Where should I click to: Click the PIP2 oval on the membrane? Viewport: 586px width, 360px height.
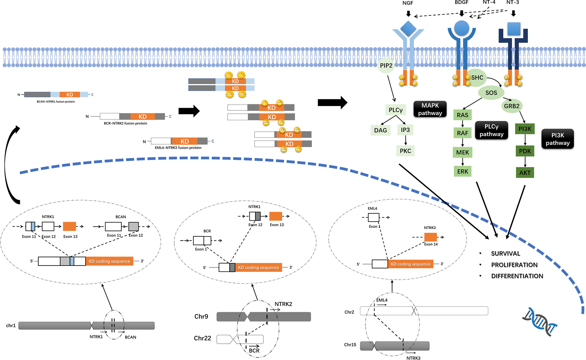pyautogui.click(x=386, y=66)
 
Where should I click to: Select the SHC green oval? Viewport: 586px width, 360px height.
pyautogui.click(x=477, y=78)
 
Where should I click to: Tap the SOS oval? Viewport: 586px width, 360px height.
pyautogui.click(x=491, y=93)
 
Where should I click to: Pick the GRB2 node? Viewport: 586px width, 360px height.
pyautogui.click(x=512, y=106)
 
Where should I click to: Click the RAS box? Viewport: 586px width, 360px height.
pyautogui.click(x=462, y=115)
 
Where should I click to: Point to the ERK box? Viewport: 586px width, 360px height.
pyautogui.click(x=463, y=171)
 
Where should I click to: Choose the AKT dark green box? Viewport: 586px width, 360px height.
pyautogui.click(x=525, y=173)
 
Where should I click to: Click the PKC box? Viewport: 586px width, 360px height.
pyautogui.click(x=405, y=151)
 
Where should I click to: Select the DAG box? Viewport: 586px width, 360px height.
pyautogui.click(x=380, y=130)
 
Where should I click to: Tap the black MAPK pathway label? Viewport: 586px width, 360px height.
pyautogui.click(x=430, y=109)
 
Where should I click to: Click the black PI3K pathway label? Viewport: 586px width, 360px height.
pyautogui.click(x=558, y=139)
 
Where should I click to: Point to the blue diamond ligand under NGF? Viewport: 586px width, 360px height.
pyautogui.click(x=408, y=29)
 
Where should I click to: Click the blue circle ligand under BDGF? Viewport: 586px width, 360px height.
pyautogui.click(x=462, y=28)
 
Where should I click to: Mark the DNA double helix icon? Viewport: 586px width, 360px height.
pyautogui.click(x=540, y=322)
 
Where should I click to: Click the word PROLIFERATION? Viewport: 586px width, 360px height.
pyautogui.click(x=514, y=265)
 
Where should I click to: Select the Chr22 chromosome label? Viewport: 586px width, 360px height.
pyautogui.click(x=202, y=338)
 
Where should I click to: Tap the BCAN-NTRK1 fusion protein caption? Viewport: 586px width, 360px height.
pyautogui.click(x=56, y=102)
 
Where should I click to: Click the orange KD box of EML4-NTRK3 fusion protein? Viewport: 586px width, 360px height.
pyautogui.click(x=185, y=141)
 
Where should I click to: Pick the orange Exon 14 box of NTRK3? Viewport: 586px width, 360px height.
pyautogui.click(x=431, y=237)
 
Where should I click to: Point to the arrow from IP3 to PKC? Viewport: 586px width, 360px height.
pyautogui.click(x=405, y=140)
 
